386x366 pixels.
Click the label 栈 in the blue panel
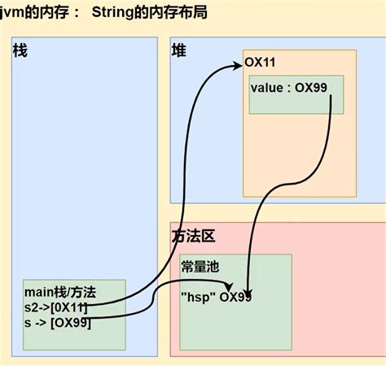[x=20, y=50]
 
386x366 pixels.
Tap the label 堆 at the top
[x=178, y=50]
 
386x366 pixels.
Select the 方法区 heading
[x=193, y=236]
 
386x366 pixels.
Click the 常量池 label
[x=200, y=266]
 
